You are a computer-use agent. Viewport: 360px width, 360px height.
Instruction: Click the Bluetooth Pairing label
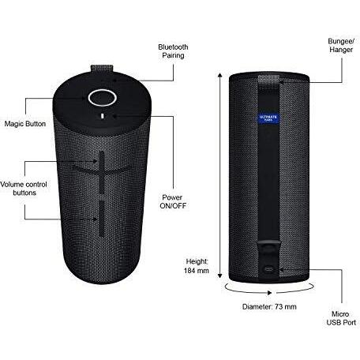click(173, 52)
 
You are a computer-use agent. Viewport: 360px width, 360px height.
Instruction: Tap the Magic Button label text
click(24, 125)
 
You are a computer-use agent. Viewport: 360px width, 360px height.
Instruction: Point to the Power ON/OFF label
click(174, 201)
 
